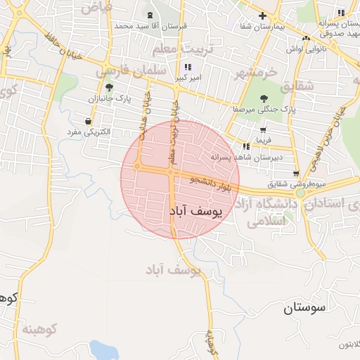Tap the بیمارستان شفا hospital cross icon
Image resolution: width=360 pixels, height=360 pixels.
coord(262,15)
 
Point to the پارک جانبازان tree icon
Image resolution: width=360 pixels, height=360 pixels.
coord(109,87)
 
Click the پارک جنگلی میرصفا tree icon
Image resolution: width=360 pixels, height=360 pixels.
coord(264,98)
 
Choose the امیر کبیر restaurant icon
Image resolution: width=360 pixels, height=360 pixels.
coord(187,66)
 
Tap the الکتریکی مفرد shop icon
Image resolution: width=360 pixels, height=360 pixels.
coord(88,121)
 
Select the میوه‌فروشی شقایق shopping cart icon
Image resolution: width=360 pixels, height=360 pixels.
coord(296,174)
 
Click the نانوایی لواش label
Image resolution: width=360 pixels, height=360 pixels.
coord(306,49)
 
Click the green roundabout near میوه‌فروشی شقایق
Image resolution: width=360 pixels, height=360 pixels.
coord(300,193)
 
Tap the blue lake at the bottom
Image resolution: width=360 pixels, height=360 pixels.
coord(103,349)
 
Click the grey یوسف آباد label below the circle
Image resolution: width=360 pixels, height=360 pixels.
coord(173,270)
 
